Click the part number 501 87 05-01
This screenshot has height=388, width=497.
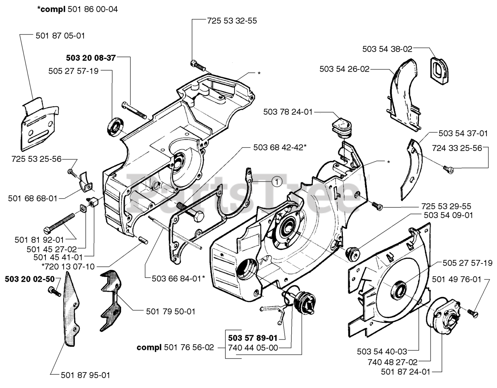pyautogui.click(x=60, y=36)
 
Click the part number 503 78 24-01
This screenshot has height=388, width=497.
pyautogui.click(x=288, y=112)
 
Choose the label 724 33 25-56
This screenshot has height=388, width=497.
pyautogui.click(x=457, y=148)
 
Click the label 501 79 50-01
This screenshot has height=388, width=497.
pyautogui.click(x=170, y=311)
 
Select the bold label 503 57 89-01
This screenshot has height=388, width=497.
pyautogui.click(x=253, y=338)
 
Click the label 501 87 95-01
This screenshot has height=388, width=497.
pyautogui.click(x=85, y=375)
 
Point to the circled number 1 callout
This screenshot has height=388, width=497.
pyautogui.click(x=276, y=180)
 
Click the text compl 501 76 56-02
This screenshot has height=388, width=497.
pyautogui.click(x=175, y=348)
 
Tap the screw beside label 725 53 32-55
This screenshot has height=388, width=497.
pyautogui.click(x=198, y=64)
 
